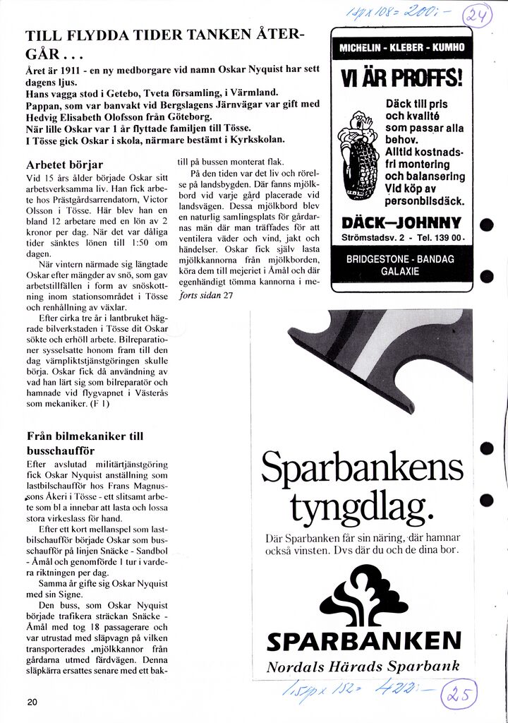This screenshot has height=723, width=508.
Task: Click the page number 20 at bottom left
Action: click(32, 702)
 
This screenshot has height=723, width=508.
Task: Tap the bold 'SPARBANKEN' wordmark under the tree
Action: click(364, 640)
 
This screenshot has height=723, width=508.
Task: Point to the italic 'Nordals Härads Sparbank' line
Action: click(363, 667)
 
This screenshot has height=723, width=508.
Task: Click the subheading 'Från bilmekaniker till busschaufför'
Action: click(84, 443)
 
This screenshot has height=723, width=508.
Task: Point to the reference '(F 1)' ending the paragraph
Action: click(100, 404)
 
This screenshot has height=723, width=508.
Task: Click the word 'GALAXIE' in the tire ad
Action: click(401, 271)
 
